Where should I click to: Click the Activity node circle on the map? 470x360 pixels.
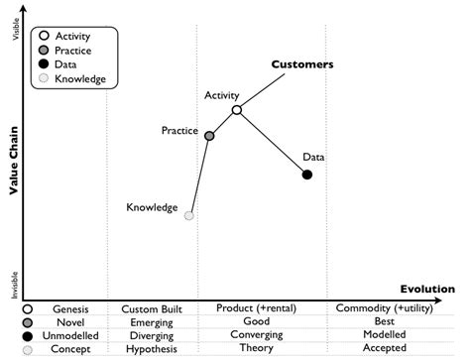click(x=236, y=110)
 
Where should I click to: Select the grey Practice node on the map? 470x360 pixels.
click(x=209, y=135)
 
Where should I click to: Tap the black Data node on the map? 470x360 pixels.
click(x=307, y=175)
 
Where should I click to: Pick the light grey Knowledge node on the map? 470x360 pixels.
click(x=189, y=214)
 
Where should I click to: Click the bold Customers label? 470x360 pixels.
click(x=302, y=64)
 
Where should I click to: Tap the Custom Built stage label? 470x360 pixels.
click(x=148, y=308)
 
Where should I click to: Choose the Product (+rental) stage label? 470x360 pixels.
click(x=257, y=308)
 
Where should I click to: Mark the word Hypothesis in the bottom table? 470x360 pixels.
click(x=148, y=350)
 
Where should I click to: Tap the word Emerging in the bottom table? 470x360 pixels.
click(x=148, y=322)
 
